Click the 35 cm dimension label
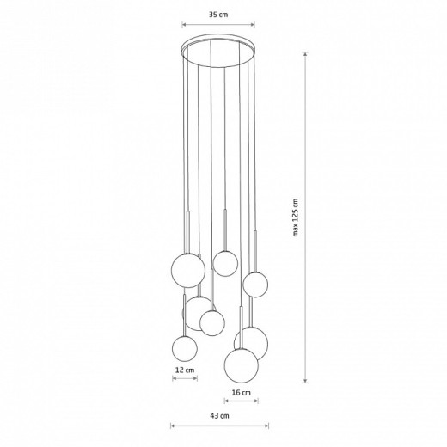[218, 15]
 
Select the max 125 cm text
[296, 217]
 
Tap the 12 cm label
[185, 370]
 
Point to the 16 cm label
[242, 392]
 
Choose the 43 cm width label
[219, 415]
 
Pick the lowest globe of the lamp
[242, 365]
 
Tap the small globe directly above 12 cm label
[185, 348]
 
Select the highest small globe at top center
[225, 263]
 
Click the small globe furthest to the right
[255, 285]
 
